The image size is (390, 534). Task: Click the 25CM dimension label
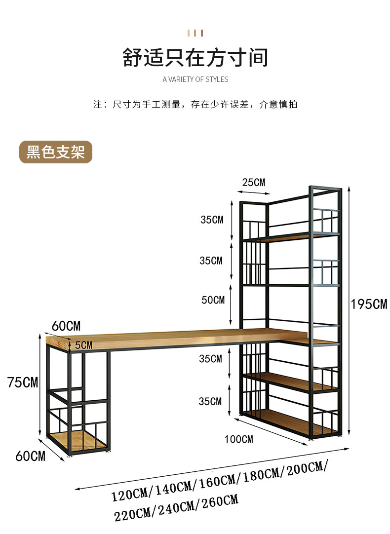point(254,183)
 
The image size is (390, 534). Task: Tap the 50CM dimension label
point(213,300)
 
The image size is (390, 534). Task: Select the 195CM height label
point(369,304)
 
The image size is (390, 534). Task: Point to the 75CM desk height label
point(23,382)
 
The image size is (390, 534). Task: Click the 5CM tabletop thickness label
point(84,345)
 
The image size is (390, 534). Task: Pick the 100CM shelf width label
point(239,439)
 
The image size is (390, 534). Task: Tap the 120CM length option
point(130,495)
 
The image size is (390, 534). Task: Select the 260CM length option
point(220,501)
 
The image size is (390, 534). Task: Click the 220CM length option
point(132,515)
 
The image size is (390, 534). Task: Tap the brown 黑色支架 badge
point(55,152)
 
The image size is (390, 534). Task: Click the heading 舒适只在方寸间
point(195,57)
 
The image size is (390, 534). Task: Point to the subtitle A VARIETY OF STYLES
point(195,79)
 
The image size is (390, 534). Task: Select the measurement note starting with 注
point(195,104)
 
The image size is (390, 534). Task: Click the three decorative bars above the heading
point(195,33)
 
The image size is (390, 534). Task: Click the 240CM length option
point(176,508)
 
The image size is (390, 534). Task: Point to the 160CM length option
point(217,481)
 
